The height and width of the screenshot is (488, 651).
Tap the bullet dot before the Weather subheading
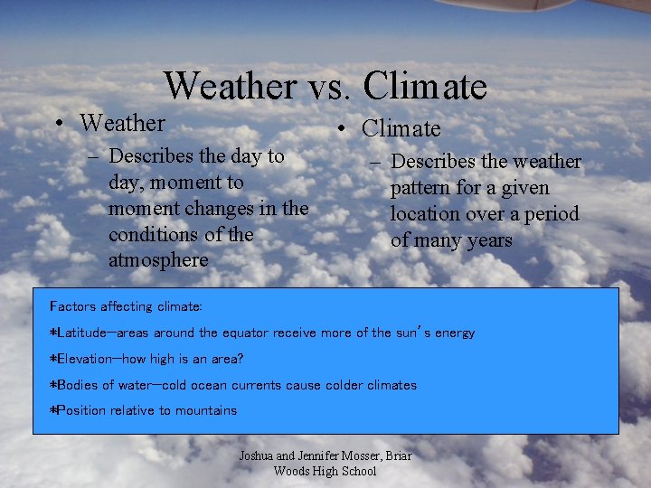click(58, 124)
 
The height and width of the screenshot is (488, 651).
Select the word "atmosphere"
click(158, 260)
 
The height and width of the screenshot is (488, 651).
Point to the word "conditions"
click(155, 234)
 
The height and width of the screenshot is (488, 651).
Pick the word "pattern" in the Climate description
click(425, 188)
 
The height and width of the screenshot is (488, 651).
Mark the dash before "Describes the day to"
click(93, 157)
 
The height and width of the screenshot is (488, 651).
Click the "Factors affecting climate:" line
click(126, 306)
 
